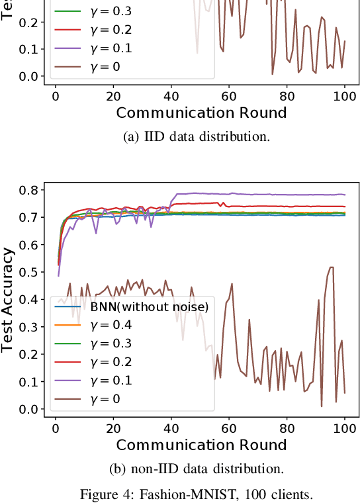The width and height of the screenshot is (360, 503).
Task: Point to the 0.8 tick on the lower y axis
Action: pyautogui.click(x=28, y=189)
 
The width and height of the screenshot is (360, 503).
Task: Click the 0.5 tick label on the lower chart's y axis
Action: pyautogui.click(x=28, y=272)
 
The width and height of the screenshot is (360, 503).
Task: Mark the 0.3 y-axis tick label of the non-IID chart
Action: pyautogui.click(x=28, y=327)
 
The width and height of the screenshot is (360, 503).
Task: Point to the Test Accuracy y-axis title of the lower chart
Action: pyautogui.click(x=9, y=299)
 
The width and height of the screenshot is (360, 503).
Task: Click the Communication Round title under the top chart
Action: pyautogui.click(x=201, y=113)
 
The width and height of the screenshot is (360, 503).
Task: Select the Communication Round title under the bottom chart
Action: pyautogui.click(x=201, y=445)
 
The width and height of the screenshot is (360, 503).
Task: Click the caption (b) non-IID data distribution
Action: pyautogui.click(x=197, y=469)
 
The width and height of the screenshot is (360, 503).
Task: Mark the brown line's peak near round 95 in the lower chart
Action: pyautogui.click(x=331, y=267)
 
